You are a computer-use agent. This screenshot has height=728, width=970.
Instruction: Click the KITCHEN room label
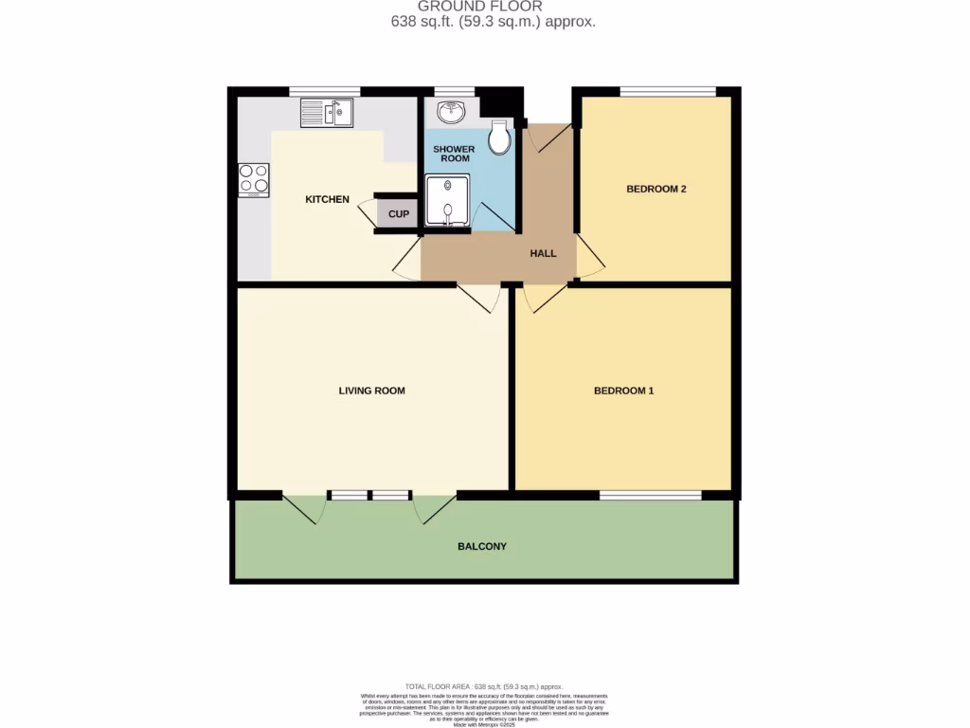pyautogui.click(x=327, y=200)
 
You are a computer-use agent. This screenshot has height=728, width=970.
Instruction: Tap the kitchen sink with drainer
pyautogui.click(x=326, y=114)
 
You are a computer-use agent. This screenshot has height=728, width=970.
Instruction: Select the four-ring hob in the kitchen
pyautogui.click(x=254, y=179)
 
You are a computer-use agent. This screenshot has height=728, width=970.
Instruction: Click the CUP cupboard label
pyautogui.click(x=399, y=214)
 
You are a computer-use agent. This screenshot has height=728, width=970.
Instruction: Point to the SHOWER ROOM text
pyautogui.click(x=454, y=154)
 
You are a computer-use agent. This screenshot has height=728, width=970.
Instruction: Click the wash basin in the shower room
pyautogui.click(x=451, y=114)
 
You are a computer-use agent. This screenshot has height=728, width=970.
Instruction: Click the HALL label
pyautogui.click(x=543, y=253)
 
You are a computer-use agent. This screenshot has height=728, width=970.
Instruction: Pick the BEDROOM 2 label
pyautogui.click(x=656, y=190)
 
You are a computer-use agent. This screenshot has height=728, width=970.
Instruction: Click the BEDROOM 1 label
pyautogui.click(x=623, y=391)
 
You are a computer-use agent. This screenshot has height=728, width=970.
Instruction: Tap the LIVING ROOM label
pyautogui.click(x=371, y=391)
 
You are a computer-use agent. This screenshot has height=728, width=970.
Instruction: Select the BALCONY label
pyautogui.click(x=482, y=547)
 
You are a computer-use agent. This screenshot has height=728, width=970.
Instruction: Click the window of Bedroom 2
pyautogui.click(x=668, y=91)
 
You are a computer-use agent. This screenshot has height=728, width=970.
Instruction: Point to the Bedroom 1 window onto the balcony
pyautogui.click(x=650, y=495)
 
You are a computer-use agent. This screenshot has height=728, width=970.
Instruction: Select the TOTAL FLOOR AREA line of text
pyautogui.click(x=484, y=686)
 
